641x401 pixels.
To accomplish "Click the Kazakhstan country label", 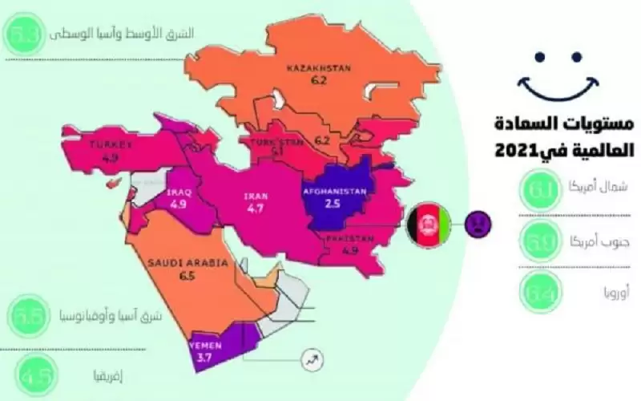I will pos(320,69).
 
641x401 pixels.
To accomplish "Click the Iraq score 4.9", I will pos(178,205).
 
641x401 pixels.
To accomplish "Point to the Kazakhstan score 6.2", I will pos(320,81).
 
